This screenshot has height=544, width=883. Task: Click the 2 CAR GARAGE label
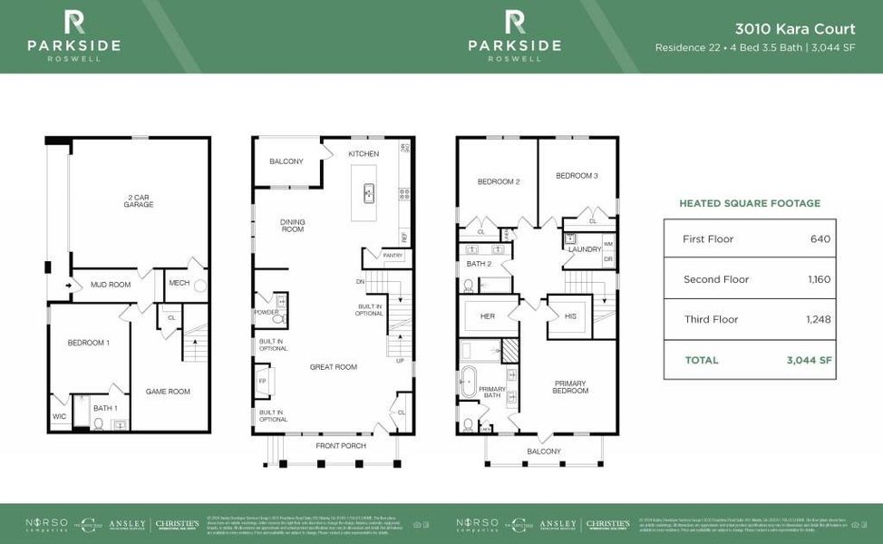(139, 200)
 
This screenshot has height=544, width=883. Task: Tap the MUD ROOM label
(111, 285)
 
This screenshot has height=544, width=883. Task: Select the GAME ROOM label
(168, 392)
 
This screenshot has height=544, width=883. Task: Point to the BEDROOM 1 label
(89, 343)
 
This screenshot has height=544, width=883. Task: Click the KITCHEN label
(364, 154)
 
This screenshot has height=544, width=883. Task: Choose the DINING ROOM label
(292, 226)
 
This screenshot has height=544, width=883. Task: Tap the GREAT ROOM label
(335, 367)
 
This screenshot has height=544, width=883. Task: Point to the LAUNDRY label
(585, 248)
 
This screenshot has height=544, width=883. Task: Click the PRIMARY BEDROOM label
(570, 387)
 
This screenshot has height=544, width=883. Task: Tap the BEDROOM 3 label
(577, 175)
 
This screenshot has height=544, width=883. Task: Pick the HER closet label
(487, 316)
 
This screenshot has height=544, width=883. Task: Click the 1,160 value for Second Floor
(819, 279)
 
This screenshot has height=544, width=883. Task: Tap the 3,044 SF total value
(809, 360)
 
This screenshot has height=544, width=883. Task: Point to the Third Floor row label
(710, 319)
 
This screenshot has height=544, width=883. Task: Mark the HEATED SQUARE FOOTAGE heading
(749, 203)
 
